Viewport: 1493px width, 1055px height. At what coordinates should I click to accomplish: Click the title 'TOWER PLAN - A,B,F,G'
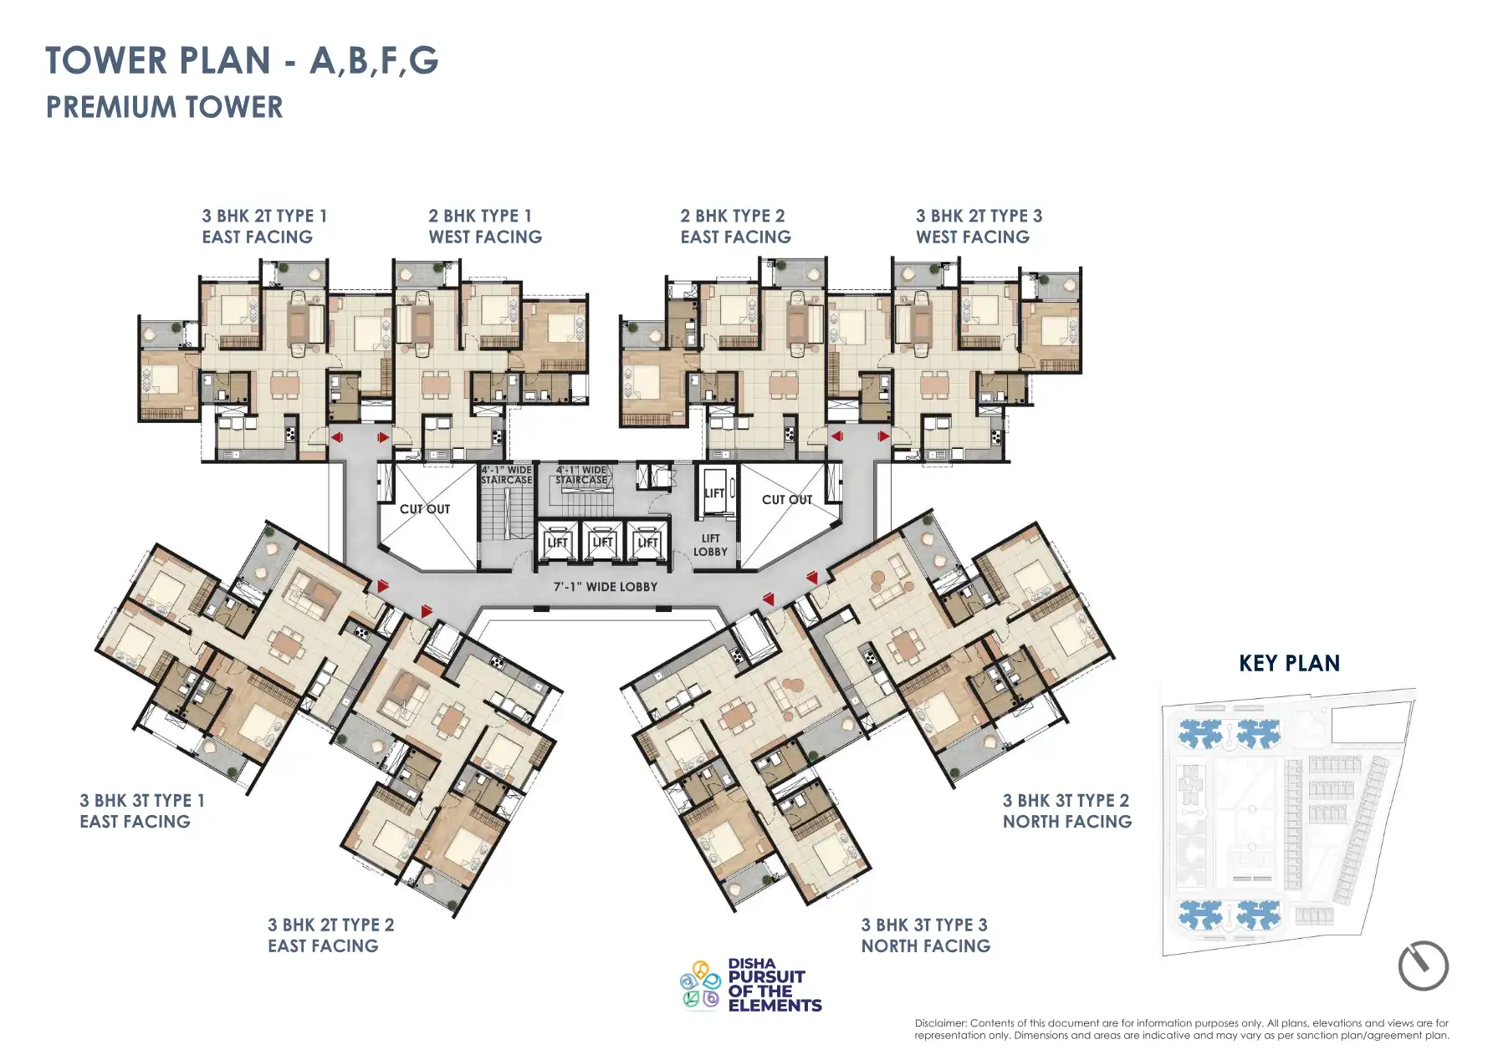click(x=242, y=61)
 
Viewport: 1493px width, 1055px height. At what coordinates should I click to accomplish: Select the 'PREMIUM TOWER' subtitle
click(x=164, y=108)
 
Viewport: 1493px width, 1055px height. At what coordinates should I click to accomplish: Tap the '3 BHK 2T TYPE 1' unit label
click(x=263, y=216)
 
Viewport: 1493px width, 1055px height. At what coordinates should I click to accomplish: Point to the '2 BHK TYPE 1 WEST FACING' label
click(x=484, y=227)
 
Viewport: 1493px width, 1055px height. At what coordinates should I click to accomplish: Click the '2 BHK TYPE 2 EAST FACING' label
click(x=734, y=227)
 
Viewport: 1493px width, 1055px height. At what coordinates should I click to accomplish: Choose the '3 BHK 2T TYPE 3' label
click(x=979, y=216)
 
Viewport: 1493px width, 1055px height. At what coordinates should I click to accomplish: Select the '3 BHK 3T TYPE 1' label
click(x=141, y=801)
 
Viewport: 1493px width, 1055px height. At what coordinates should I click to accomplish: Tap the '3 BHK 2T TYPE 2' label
click(x=330, y=925)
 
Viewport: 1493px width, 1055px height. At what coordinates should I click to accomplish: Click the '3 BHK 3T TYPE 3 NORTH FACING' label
click(x=925, y=935)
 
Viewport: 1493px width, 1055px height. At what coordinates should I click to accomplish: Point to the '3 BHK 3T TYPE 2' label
click(x=1066, y=801)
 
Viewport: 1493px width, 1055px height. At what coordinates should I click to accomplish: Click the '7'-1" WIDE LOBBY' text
click(x=605, y=587)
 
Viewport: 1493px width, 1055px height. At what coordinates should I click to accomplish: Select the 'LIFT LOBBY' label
click(x=710, y=545)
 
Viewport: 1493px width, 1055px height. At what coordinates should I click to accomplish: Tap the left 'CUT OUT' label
click(x=424, y=509)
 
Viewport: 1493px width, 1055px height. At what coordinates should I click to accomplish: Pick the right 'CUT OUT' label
click(x=786, y=500)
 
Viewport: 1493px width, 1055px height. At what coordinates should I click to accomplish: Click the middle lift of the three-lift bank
click(x=602, y=543)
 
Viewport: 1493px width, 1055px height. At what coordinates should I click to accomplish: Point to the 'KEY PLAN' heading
click(x=1289, y=664)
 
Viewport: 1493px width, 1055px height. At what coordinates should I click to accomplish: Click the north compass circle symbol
click(x=1423, y=966)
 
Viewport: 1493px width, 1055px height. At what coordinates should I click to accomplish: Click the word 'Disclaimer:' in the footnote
click(x=940, y=1023)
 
